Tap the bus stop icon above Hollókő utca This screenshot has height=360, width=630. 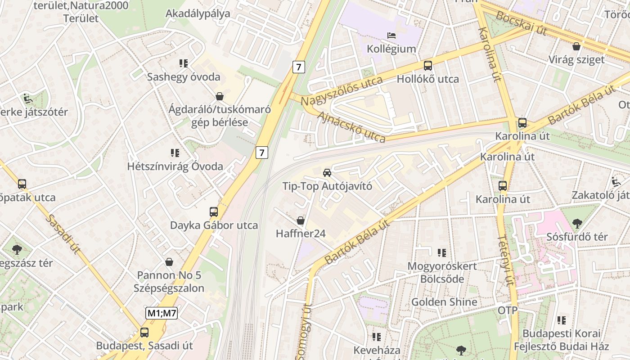pos(427,66)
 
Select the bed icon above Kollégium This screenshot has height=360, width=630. pos(391,35)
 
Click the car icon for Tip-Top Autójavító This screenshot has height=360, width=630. pos(327,172)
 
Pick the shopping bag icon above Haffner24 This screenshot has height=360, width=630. pos(301,220)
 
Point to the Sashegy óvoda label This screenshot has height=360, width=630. pos(184,76)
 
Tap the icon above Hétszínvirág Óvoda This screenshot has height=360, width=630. pos(175,153)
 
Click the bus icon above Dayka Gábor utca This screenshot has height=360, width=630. pos(214,212)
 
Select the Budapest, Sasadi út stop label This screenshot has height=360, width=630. pos(144,346)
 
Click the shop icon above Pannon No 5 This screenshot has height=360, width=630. pos(169,261)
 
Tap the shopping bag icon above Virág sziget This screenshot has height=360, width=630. pos(576,46)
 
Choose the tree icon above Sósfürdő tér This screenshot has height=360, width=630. pos(577,223)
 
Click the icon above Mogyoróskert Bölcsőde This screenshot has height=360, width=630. pos(442,253)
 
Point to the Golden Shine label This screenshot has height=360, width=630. pos(444,301)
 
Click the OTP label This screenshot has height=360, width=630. pos(507,310)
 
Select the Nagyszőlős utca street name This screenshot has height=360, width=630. pos(342,91)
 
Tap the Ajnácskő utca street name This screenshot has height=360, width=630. pos(351,127)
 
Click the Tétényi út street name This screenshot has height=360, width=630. pos(505,261)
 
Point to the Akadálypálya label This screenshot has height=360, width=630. pos(198,13)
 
